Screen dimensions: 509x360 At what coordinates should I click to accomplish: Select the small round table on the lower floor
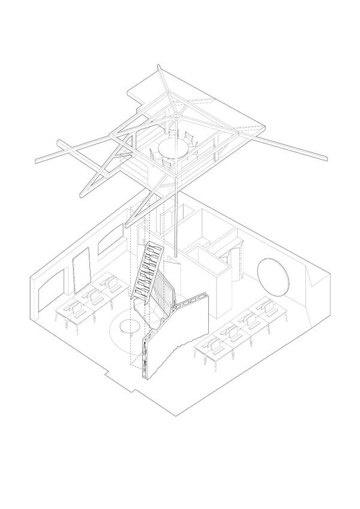coord(129,326)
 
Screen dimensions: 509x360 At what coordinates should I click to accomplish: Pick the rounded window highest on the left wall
coord(108,242)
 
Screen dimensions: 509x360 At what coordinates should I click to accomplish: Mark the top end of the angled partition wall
coord(206,295)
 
